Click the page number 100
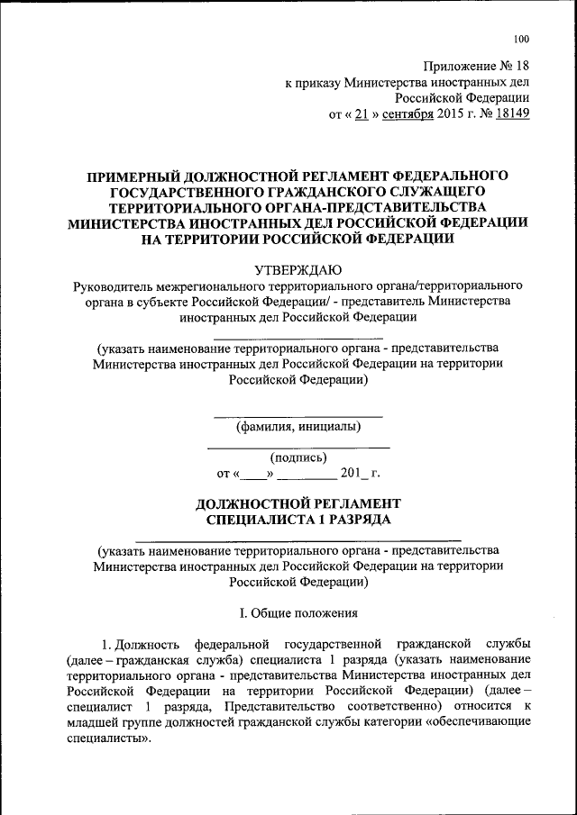(x=521, y=39)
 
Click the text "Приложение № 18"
(x=476, y=66)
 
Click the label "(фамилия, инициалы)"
(x=298, y=426)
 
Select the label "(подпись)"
(x=298, y=457)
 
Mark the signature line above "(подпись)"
(x=298, y=448)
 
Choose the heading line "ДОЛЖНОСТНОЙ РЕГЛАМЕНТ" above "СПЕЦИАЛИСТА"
(x=298, y=503)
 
